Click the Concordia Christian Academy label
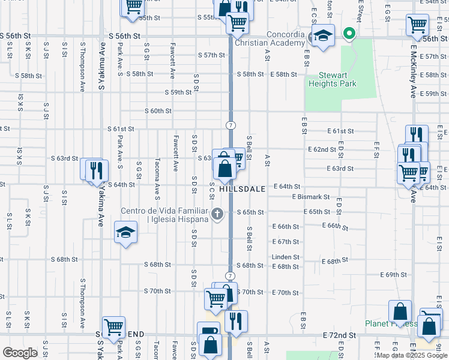click(270, 38)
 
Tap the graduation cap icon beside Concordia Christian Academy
click(323, 35)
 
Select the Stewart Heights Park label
click(332, 80)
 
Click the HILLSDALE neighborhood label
click(242, 188)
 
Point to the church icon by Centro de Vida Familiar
click(217, 213)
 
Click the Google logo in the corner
click(20, 353)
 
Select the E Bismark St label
click(311, 196)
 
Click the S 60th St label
click(158, 111)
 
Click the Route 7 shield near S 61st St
click(230, 125)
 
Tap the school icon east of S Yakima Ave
click(125, 232)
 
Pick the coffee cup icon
click(209, 331)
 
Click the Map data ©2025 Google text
click(411, 355)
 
